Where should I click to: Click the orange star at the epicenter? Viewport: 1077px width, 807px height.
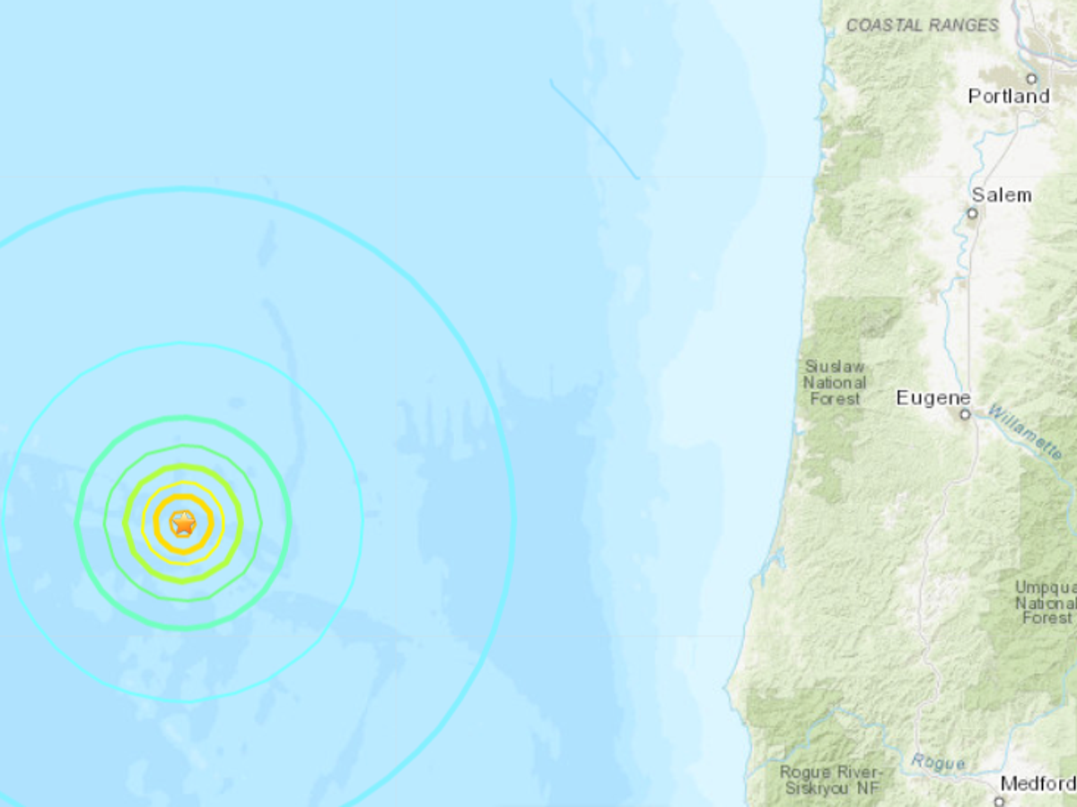(183, 523)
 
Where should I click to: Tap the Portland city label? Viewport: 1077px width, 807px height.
(1009, 96)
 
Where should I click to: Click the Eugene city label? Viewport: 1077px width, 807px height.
(933, 398)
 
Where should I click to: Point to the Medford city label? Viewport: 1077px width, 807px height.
(1038, 784)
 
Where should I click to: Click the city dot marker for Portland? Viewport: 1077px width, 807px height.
(1032, 79)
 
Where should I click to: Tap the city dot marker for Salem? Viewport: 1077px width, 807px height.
(972, 213)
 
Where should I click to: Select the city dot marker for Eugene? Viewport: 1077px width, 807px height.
(965, 414)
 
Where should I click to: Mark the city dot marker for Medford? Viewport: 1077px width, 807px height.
(999, 801)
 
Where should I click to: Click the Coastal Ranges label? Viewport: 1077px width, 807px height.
(923, 25)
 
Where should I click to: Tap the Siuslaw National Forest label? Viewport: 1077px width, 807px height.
(835, 383)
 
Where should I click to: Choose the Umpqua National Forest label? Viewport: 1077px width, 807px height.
(1046, 603)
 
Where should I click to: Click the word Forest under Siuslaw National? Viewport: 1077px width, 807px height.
(835, 399)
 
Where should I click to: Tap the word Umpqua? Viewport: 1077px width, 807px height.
(1046, 587)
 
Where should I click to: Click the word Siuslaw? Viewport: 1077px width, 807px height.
(835, 367)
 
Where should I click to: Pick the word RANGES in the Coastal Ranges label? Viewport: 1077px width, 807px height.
(964, 25)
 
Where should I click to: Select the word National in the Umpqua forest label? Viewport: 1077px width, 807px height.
(1046, 603)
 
